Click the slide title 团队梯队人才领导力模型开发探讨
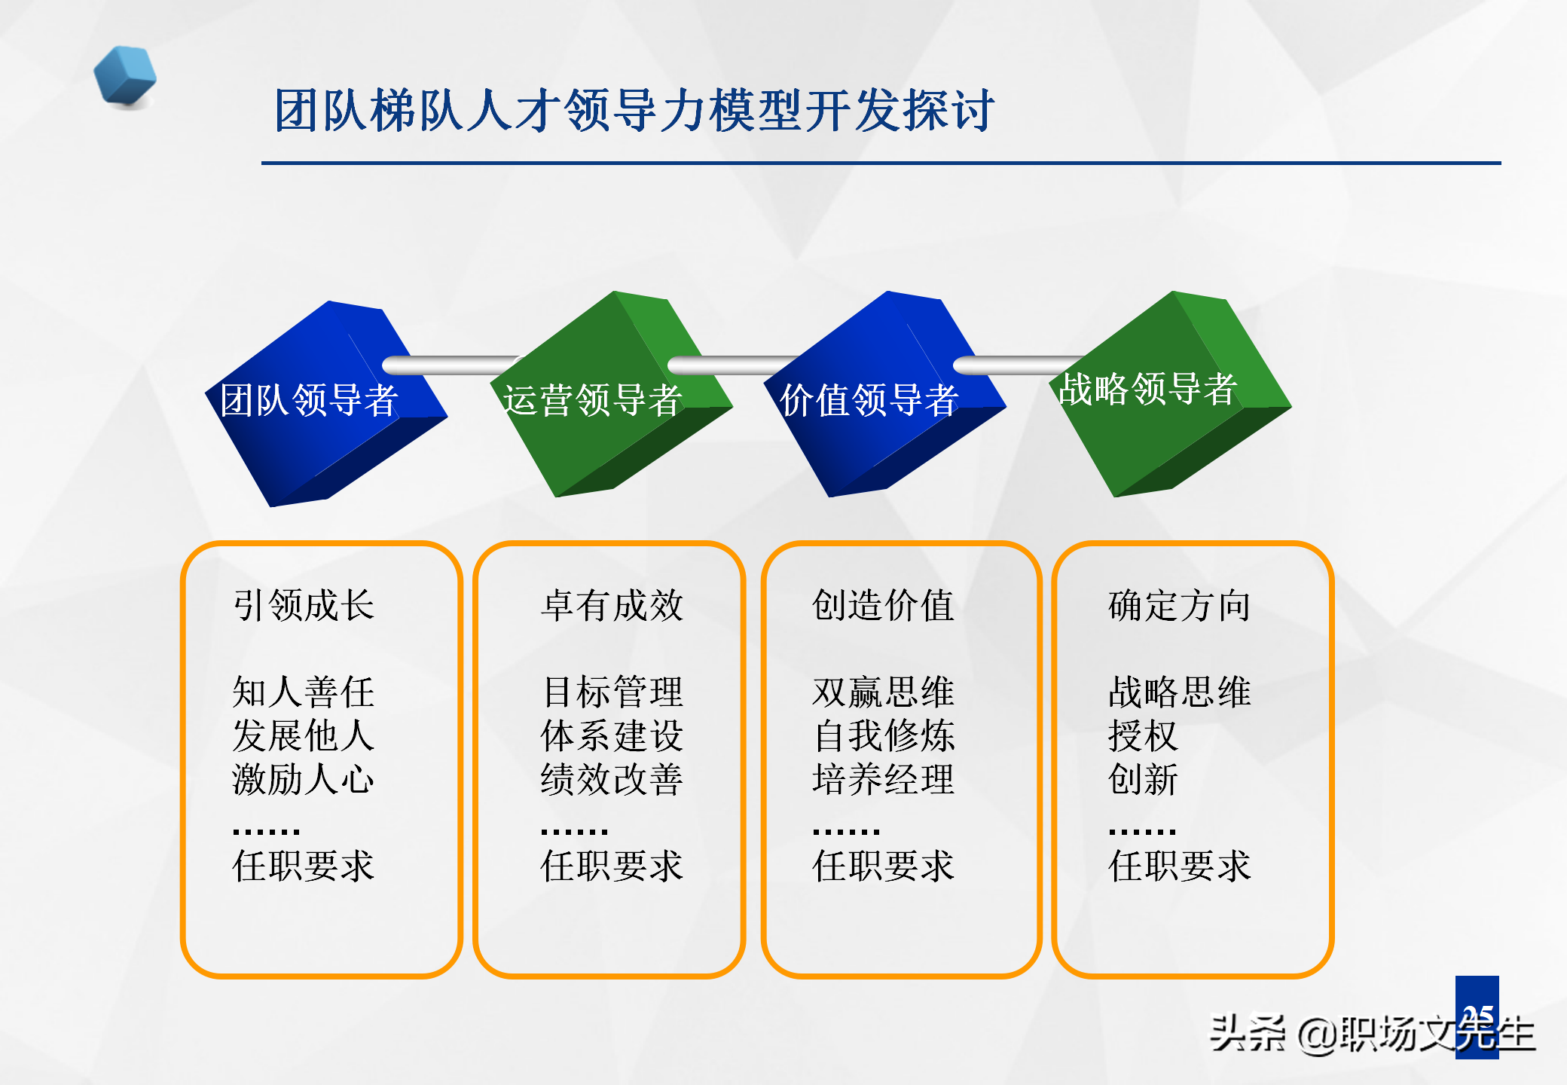click(x=634, y=111)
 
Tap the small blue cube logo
click(x=125, y=76)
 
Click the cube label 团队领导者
click(x=309, y=399)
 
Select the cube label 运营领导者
click(x=592, y=399)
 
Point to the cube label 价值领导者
click(x=869, y=399)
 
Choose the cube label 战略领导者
click(x=1147, y=389)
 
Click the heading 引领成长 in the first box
click(x=304, y=605)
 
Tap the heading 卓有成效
click(x=612, y=605)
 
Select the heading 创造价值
click(x=883, y=605)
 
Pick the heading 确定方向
click(x=1179, y=605)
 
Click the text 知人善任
click(x=304, y=692)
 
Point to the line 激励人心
click(x=304, y=779)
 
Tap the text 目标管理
click(x=612, y=692)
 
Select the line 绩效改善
click(x=612, y=779)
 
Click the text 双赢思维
click(x=883, y=692)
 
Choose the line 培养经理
click(x=883, y=779)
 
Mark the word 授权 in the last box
click(x=1142, y=735)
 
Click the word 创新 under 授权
click(x=1142, y=779)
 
